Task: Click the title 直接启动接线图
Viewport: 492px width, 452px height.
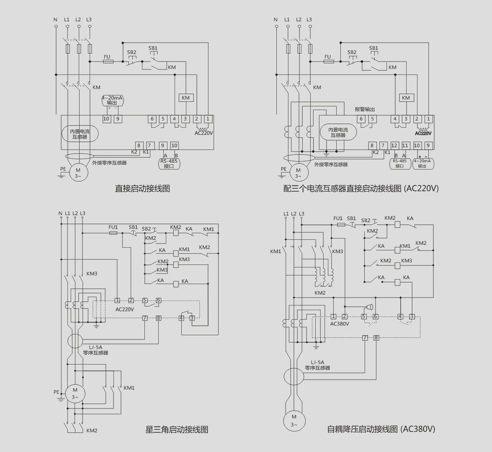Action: [x=142, y=188]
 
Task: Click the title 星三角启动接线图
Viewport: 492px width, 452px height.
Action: [x=176, y=429]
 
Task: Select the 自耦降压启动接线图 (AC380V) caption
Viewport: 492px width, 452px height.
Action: [x=381, y=429]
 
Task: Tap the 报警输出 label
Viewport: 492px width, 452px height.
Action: [x=365, y=109]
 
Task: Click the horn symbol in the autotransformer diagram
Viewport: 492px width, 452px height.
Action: [x=370, y=306]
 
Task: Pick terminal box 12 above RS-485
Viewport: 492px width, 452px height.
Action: [x=394, y=146]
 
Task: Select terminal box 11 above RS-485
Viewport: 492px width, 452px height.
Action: [x=405, y=146]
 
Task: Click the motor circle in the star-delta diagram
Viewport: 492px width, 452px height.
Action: [x=75, y=394]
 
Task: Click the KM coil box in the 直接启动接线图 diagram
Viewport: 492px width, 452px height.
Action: [x=185, y=98]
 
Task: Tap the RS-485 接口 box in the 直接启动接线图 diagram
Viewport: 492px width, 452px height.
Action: [x=169, y=163]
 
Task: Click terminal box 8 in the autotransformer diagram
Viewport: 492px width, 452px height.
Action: [x=376, y=338]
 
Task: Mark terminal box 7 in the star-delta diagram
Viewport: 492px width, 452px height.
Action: [x=145, y=318]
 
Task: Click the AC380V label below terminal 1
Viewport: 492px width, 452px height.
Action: [x=340, y=324]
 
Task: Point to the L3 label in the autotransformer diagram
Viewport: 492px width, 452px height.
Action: [x=301, y=214]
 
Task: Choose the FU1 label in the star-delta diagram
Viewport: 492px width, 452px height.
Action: [x=113, y=227]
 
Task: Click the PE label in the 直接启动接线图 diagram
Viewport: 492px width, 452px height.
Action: [x=63, y=169]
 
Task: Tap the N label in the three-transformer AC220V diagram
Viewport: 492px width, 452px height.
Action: [x=276, y=20]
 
